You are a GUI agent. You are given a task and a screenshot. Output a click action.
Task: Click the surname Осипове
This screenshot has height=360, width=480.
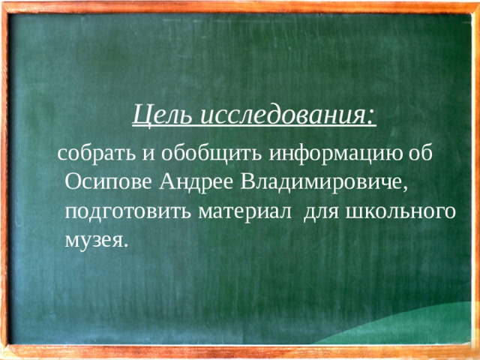pyautogui.click(x=109, y=182)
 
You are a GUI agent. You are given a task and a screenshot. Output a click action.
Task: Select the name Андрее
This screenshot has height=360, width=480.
pyautogui.click(x=197, y=182)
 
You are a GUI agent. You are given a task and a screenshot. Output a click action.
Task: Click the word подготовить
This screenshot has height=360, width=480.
pyautogui.click(x=130, y=211)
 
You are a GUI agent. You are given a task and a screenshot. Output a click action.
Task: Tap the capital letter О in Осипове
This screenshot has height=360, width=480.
pyautogui.click(x=73, y=182)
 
